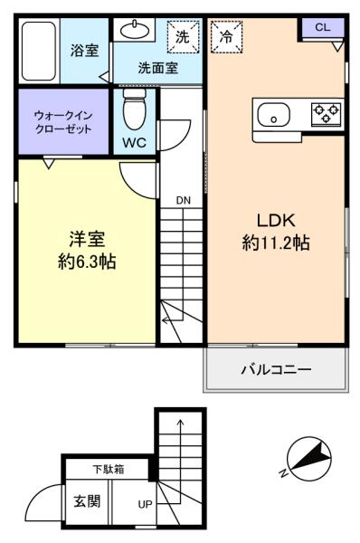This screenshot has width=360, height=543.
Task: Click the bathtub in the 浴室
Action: click(39, 52)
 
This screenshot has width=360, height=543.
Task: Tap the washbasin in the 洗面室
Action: click(135, 30)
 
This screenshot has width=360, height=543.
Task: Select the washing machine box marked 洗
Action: click(184, 37)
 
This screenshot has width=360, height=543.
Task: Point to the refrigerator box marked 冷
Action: click(226, 37)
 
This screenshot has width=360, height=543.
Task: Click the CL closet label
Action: click(323, 27)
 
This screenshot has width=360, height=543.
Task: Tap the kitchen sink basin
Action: click(273, 115)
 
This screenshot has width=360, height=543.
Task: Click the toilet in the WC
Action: click(134, 109)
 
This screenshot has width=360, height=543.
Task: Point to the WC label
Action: click(134, 143)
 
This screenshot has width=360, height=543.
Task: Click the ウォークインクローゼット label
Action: click(63, 122)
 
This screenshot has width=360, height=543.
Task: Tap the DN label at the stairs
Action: click(183, 200)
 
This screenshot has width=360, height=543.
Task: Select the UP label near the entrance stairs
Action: click(145, 504)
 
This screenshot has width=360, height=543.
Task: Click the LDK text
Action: click(276, 221)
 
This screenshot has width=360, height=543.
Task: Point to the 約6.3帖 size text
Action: click(87, 262)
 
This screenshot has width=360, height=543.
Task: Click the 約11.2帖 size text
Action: click(276, 243)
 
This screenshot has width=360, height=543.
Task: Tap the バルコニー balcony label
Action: click(276, 369)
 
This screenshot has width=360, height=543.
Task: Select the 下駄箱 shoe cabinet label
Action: click(109, 469)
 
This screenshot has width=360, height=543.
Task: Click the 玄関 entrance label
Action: click(87, 500)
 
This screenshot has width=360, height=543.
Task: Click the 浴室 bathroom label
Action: click(84, 51)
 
